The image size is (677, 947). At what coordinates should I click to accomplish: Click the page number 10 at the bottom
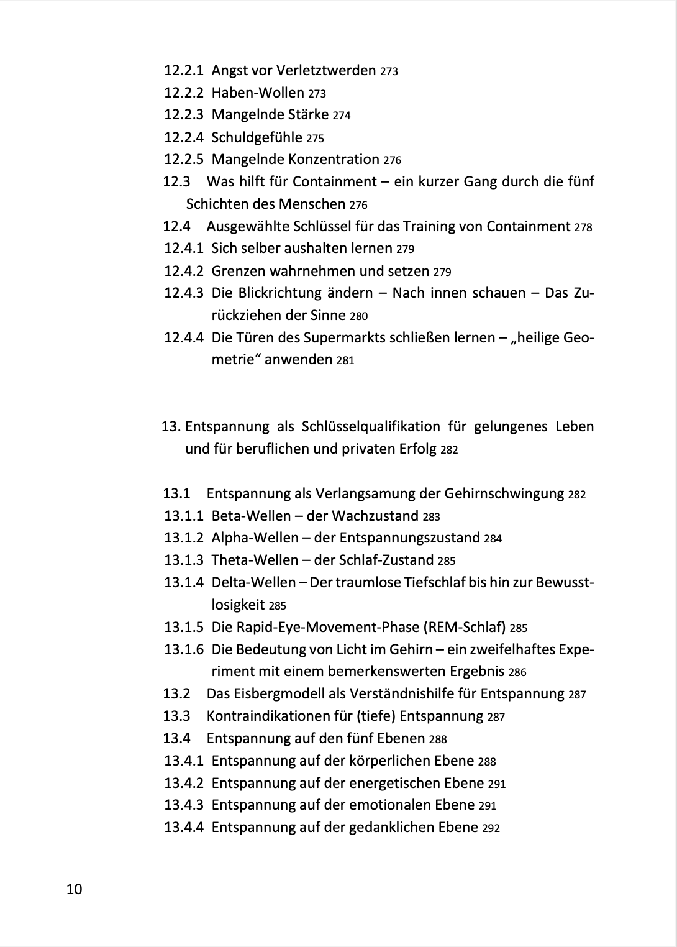pyautogui.click(x=74, y=889)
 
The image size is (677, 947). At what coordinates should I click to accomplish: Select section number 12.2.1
pyautogui.click(x=183, y=70)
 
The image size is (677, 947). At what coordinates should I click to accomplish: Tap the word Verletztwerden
pyautogui.click(x=325, y=70)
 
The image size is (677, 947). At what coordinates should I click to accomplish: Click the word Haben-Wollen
pyautogui.click(x=258, y=93)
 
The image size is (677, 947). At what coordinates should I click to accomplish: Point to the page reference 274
pyautogui.click(x=342, y=116)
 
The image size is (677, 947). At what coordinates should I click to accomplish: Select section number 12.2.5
pyautogui.click(x=183, y=159)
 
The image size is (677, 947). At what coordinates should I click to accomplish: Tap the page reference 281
pyautogui.click(x=345, y=360)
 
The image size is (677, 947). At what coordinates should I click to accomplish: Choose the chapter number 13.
pyautogui.click(x=170, y=427)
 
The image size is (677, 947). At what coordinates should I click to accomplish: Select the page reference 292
pyautogui.click(x=491, y=828)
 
